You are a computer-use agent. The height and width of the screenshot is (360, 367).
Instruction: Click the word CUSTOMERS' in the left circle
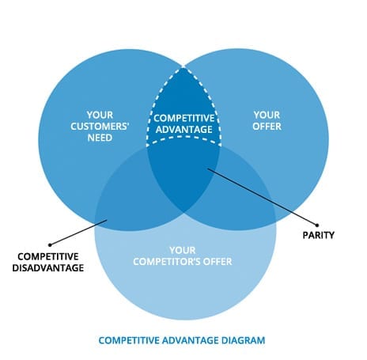pos(100,127)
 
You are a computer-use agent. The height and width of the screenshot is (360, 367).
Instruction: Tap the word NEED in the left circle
pos(100,138)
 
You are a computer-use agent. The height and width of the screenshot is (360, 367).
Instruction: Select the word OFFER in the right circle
pos(267,127)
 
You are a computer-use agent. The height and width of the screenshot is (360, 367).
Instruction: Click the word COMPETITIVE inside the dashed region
pos(184,118)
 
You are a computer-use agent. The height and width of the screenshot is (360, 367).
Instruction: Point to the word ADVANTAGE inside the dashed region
pos(184,130)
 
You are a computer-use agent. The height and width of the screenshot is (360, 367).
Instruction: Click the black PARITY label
pos(319,235)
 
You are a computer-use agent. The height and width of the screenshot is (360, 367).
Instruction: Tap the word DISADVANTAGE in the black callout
pos(48,268)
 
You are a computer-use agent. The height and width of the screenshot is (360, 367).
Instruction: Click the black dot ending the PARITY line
pos(317,225)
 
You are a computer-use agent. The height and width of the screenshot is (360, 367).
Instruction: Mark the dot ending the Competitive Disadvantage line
pos(50,245)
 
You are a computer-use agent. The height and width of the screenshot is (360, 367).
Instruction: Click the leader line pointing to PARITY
pos(263,197)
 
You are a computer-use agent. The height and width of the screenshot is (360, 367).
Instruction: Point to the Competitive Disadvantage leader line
pos(78,233)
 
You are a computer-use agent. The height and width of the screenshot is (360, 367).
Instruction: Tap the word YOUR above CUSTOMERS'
pos(100,115)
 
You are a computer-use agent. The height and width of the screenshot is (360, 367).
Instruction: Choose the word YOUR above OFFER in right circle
pos(267,115)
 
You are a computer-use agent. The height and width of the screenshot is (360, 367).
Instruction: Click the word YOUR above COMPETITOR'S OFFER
pos(183,250)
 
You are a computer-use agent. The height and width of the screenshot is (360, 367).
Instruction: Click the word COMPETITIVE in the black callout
pos(48,256)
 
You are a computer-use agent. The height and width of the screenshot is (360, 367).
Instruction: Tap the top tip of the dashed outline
pos(183,68)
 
